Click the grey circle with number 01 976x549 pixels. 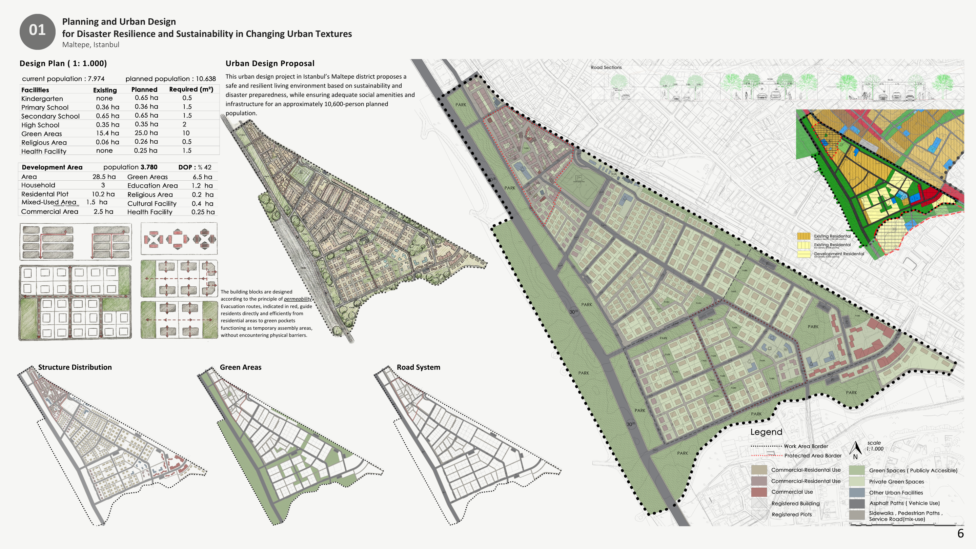[37, 32]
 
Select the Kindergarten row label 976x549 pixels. [42, 99]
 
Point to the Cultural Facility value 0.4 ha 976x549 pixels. [202, 203]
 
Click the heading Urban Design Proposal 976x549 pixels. [270, 63]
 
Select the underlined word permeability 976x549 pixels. [298, 299]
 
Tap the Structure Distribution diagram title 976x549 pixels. [75, 367]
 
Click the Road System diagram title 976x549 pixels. [418, 367]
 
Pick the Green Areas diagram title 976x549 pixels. [240, 367]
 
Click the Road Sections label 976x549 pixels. [606, 67]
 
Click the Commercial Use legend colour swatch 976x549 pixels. [759, 492]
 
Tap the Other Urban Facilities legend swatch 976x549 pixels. [857, 492]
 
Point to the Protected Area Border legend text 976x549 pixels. [813, 456]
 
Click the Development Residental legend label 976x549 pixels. [839, 254]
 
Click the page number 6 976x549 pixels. [960, 533]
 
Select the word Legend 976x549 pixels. [766, 432]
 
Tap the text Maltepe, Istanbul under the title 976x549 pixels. [90, 45]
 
